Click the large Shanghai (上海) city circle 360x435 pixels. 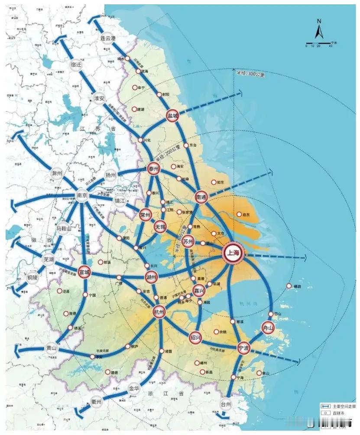tap(234, 254)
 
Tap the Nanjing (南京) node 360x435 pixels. tap(82, 195)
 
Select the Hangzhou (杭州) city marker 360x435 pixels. tap(159, 312)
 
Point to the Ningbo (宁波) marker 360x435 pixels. tap(243, 347)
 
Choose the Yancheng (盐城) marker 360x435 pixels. tap(173, 116)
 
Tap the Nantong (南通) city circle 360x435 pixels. tap(201, 196)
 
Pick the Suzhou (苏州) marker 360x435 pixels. tap(188, 242)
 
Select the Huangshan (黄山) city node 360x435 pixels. tap(52, 348)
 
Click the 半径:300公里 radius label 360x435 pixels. tap(250, 74)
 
